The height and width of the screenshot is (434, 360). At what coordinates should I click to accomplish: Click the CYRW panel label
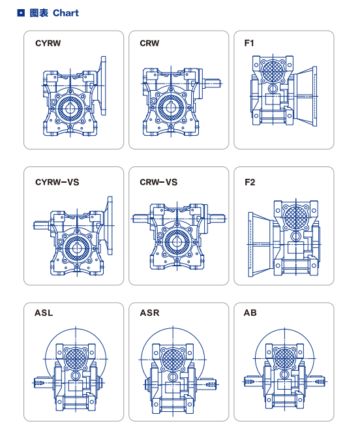coord(48,43)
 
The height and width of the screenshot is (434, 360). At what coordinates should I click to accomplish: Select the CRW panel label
coord(149,43)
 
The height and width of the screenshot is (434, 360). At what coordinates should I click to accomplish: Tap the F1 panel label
coord(249,43)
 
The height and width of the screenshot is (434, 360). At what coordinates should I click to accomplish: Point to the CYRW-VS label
coord(57,182)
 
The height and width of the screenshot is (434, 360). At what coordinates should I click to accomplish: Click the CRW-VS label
coord(158,182)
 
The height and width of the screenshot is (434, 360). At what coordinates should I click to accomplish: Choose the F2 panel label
coord(250,182)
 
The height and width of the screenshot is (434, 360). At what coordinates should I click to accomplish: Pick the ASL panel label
coord(44,313)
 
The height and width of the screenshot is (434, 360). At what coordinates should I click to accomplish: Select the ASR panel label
coord(149,313)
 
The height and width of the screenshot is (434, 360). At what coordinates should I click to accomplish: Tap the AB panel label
coord(250,313)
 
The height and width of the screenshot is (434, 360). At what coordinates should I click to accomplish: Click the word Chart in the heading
coord(66,13)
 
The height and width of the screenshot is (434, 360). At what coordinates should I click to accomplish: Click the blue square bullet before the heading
coord(21,13)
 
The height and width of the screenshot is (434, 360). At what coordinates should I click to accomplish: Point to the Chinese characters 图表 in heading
coord(39,13)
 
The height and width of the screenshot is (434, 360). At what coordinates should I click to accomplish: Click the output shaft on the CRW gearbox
coord(212,83)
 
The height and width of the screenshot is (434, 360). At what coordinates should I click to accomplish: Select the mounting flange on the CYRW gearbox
coord(103,85)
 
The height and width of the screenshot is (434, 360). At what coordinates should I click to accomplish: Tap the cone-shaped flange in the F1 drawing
coord(305,97)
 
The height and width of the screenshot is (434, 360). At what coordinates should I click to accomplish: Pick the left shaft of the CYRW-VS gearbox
coord(42,225)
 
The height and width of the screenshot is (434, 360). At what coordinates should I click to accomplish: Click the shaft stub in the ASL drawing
coord(44,383)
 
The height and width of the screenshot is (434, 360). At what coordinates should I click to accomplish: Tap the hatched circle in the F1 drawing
coord(273,71)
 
